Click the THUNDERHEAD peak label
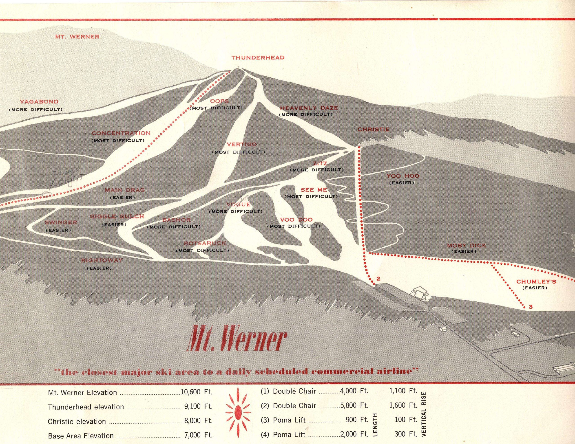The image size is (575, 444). click(258, 58)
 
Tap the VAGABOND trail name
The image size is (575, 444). click(40, 102)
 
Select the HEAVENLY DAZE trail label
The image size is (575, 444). click(309, 108)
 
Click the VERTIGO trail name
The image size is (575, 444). click(242, 145)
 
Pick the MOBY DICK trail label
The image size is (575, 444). click(467, 246)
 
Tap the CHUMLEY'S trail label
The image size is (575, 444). click(536, 282)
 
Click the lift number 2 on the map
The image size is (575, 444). click(378, 279)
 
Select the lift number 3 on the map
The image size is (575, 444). click(531, 307)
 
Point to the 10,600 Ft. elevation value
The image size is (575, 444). click(196, 392)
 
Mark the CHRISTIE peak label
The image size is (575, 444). click(373, 130)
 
